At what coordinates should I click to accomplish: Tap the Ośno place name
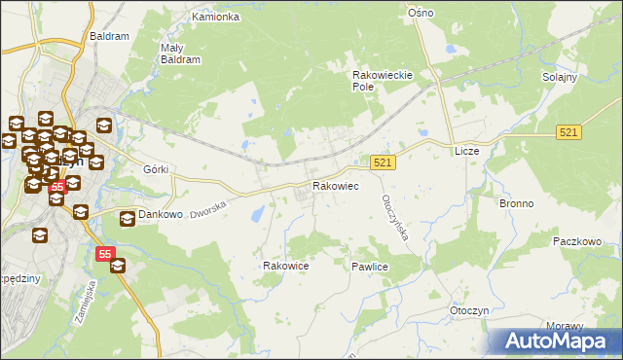[x=421, y=13]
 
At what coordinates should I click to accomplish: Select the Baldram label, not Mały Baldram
[x=109, y=36]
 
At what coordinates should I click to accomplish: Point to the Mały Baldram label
[x=180, y=53]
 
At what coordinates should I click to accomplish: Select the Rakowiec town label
[x=335, y=186]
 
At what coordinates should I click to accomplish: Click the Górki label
[x=156, y=169]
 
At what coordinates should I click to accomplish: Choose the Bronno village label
[x=516, y=204]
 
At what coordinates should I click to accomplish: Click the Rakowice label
[x=286, y=265]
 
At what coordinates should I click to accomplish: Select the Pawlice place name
[x=371, y=266]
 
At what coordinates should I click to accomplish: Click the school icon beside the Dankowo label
[x=127, y=219]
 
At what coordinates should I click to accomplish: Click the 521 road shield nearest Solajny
[x=570, y=131]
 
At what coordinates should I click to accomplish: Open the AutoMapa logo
[x=556, y=341]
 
